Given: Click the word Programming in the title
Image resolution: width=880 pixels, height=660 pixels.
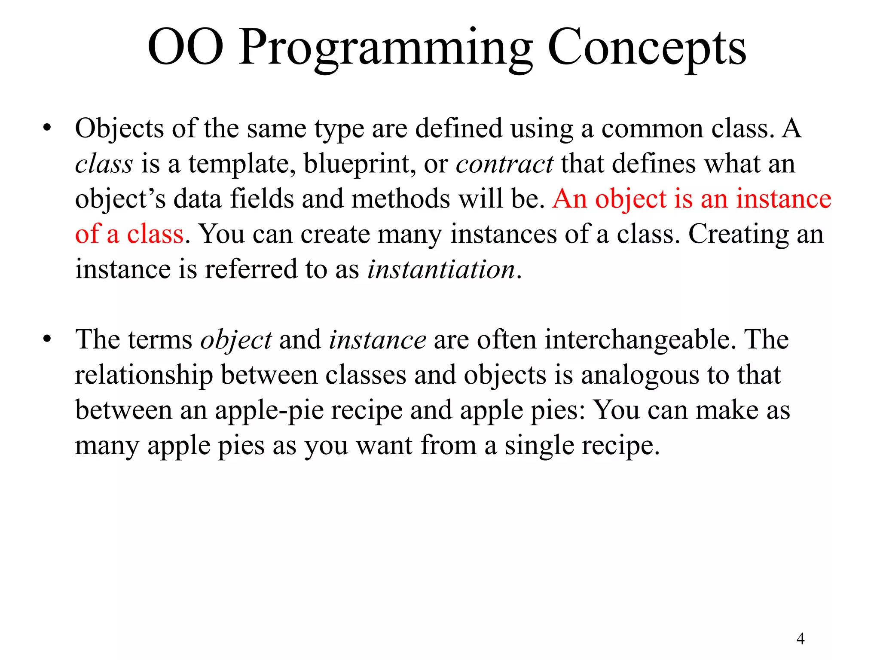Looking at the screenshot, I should click(x=385, y=48).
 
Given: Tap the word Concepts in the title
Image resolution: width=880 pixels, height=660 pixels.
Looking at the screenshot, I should click(x=647, y=48).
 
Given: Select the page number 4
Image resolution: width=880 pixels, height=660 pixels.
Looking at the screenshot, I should click(x=800, y=639).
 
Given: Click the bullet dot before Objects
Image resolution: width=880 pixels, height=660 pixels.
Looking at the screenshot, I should click(x=47, y=128).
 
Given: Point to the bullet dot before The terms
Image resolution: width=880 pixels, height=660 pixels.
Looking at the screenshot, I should click(x=47, y=339).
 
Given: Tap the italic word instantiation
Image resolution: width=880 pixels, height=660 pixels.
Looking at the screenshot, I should click(x=441, y=270).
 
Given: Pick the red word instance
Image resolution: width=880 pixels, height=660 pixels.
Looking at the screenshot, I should click(x=783, y=199).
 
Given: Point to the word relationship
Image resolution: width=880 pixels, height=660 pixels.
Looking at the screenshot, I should click(x=144, y=376).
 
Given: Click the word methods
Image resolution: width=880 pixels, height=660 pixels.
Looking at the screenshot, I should click(x=400, y=199).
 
